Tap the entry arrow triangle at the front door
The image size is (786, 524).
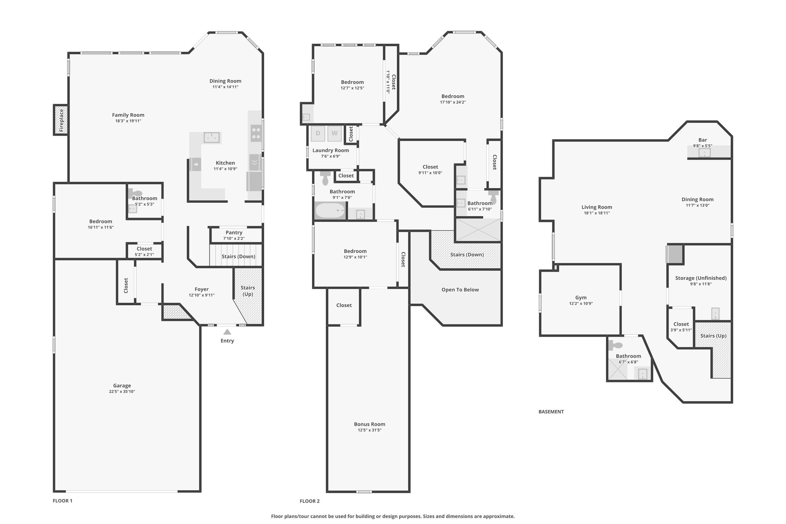(227, 332)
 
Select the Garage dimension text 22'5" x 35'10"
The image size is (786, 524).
(122, 392)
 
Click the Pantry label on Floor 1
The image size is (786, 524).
(234, 232)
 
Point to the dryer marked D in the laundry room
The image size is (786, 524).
(318, 134)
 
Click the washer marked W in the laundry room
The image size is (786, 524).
(335, 134)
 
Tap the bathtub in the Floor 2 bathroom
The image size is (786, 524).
(330, 211)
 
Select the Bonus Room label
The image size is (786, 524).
(370, 424)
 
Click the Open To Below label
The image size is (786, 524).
(460, 290)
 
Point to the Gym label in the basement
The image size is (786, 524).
(581, 298)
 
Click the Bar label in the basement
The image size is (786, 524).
(703, 140)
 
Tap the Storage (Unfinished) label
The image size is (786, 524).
(701, 278)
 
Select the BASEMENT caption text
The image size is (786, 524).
(551, 412)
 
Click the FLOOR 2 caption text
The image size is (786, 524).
(310, 501)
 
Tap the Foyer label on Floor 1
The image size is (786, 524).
(202, 289)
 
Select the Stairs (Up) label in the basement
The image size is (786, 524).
(713, 336)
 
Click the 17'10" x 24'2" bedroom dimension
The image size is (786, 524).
(453, 102)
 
